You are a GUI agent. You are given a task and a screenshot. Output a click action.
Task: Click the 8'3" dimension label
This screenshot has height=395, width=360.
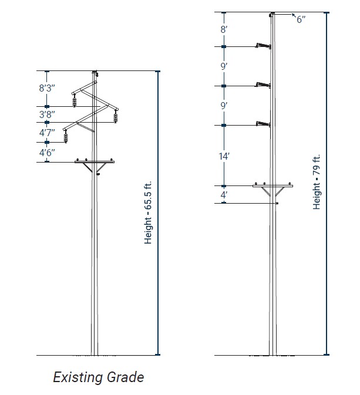pos(47,88)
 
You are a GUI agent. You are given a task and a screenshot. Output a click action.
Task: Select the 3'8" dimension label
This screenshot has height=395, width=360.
pos(47,114)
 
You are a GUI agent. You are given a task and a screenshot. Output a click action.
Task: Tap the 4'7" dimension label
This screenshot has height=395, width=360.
pos(47,132)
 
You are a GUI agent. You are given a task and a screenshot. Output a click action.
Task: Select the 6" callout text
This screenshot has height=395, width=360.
pos(301,20)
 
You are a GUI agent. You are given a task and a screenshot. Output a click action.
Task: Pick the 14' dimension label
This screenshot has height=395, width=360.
pos(224,156)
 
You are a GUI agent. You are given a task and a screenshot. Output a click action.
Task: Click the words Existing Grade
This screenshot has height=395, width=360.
pos(98,377)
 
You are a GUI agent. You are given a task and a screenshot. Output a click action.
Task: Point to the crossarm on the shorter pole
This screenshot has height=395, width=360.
pos(94,161)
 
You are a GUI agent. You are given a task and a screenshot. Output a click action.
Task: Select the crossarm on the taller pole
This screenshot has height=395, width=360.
pos(272,185)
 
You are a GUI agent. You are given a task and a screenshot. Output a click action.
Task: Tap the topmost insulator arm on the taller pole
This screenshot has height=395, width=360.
pos(262,45)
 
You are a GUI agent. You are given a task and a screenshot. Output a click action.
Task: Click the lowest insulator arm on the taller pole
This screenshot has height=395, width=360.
pos(262,123)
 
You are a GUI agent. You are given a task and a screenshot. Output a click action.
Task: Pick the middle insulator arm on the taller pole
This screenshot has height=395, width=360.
pos(262,85)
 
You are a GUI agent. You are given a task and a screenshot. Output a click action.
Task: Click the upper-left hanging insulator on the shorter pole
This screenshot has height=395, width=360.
pos(75,101)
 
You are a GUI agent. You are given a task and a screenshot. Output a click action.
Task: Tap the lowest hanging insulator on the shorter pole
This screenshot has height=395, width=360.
pos(66,136)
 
